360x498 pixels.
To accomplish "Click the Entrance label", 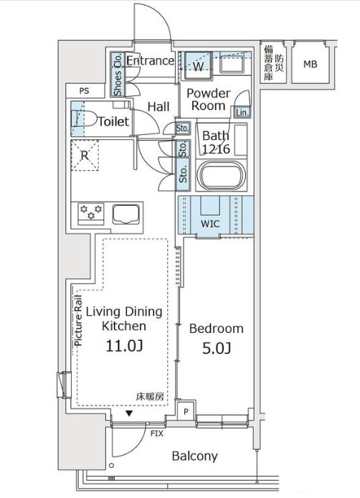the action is click(x=150, y=60).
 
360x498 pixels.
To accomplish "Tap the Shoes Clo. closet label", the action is click(x=118, y=75).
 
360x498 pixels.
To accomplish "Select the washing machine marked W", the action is click(x=199, y=65).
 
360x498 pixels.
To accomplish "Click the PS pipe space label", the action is click(x=84, y=91).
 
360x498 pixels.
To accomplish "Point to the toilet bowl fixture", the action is click(x=85, y=118).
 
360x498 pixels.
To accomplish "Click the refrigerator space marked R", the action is click(x=85, y=156).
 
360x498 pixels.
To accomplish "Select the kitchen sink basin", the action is click(x=125, y=215).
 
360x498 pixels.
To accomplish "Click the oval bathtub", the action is click(x=221, y=176).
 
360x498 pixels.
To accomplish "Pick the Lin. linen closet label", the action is click(x=242, y=112).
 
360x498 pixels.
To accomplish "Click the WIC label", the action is click(x=210, y=224).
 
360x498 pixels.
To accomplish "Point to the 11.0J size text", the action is click(x=124, y=346).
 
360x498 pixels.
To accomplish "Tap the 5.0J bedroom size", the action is click(x=217, y=348).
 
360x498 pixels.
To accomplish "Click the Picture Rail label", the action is click(x=78, y=321).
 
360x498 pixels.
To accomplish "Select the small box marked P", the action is click(x=186, y=412).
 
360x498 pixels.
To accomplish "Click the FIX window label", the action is click(x=157, y=433).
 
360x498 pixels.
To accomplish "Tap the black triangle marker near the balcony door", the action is click(x=129, y=413).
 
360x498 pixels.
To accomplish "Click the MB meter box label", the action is click(x=310, y=65).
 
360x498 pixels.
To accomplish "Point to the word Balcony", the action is click(x=195, y=456).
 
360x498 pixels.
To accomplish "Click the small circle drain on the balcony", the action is click(x=111, y=466).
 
